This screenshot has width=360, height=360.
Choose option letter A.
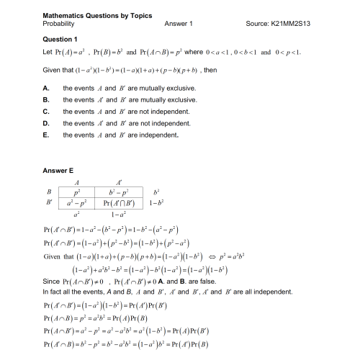pos(46,87)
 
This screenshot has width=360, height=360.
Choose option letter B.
pos(46,99)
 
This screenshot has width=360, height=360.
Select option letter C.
pos(46,111)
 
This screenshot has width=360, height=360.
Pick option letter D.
pos(46,122)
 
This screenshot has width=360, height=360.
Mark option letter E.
pos(46,134)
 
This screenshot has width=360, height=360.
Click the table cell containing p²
pos(78,193)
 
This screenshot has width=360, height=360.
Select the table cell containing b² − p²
pos(120,193)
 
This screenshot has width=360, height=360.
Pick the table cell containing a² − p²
pos(78,204)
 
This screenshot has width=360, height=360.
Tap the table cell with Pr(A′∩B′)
pos(120,204)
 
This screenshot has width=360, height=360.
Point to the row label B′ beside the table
pos(49,204)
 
